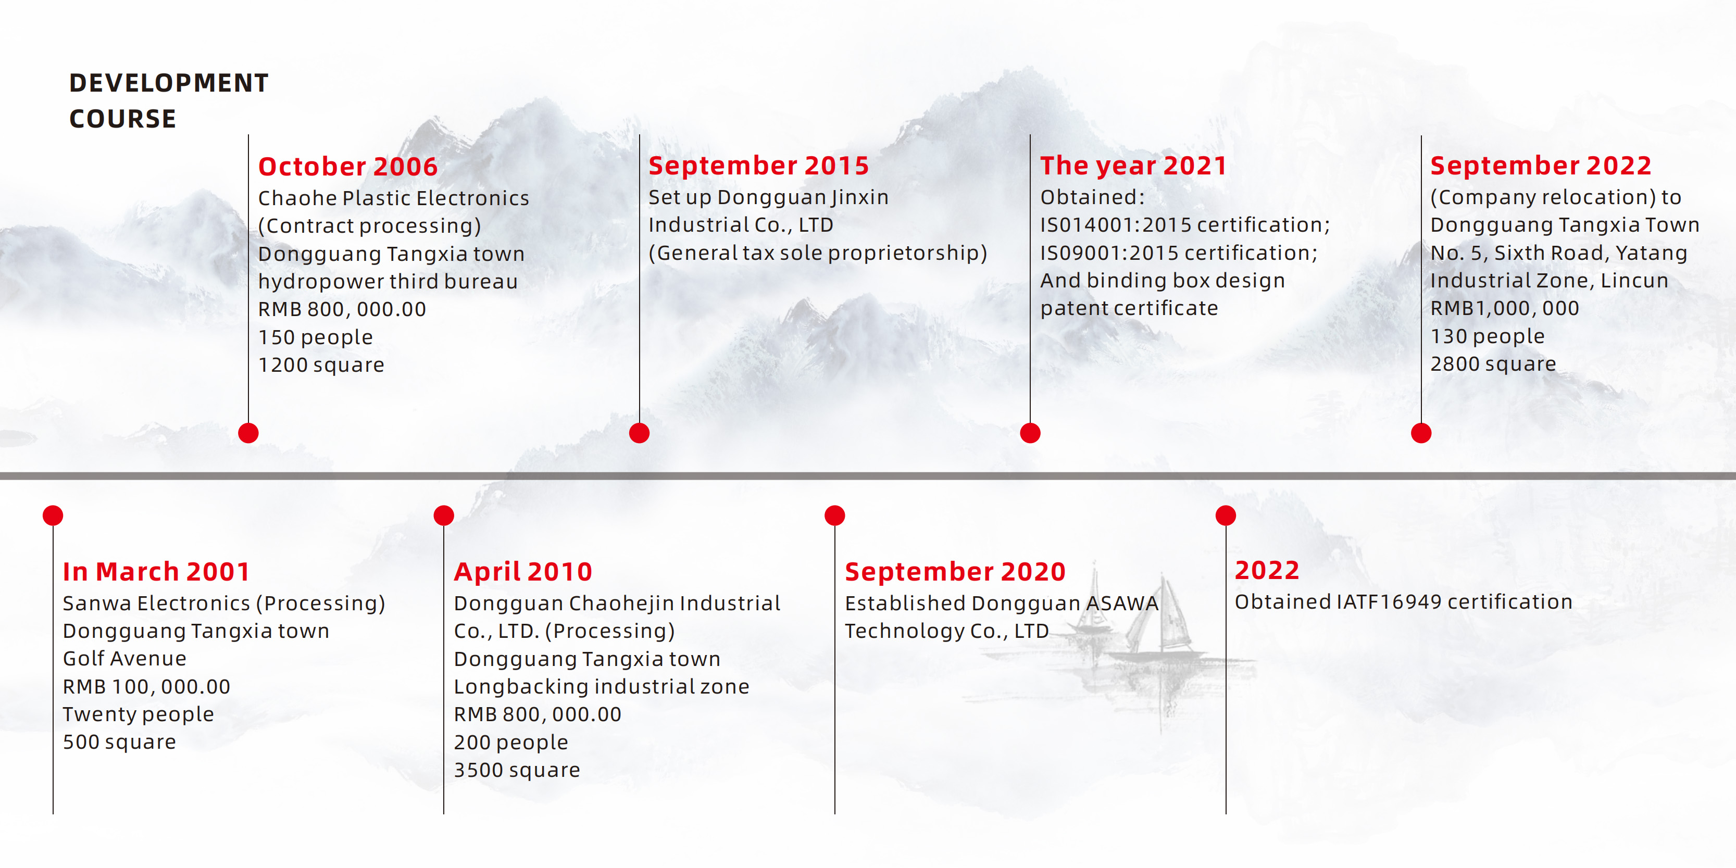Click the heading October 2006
coord(348,167)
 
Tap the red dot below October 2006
coord(248,433)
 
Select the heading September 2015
coord(759,166)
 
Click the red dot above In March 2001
coord(53,515)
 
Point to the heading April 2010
coord(523,572)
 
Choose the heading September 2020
coord(955,572)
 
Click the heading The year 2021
coord(1133,166)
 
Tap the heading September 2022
coord(1541,166)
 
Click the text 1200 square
coord(321,365)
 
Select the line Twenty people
coord(138,714)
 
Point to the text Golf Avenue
coord(124,658)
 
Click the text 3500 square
coord(517,770)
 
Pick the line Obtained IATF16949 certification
coord(1404,602)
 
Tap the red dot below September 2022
coord(1420,433)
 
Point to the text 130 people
coord(1488,336)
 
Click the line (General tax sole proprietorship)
coord(817,253)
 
